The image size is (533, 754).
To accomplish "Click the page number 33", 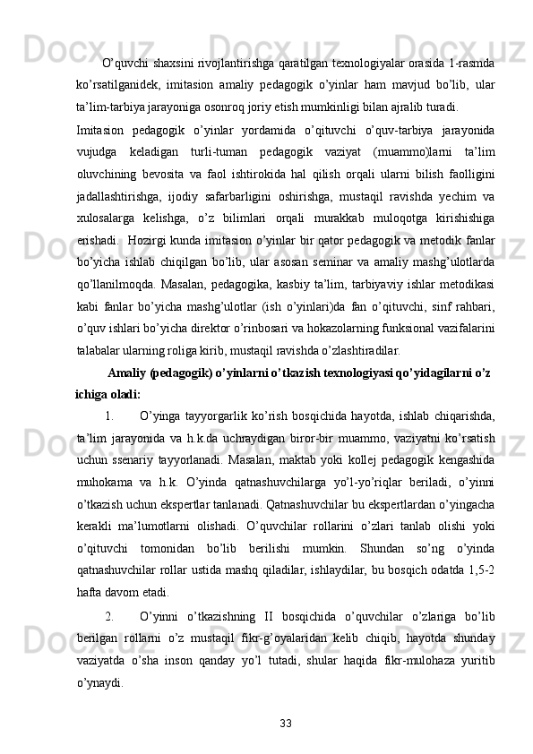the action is (285, 722).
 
